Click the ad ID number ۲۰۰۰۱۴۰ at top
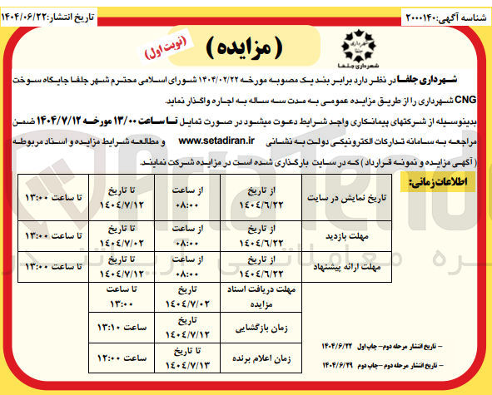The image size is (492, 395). point(420,16)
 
